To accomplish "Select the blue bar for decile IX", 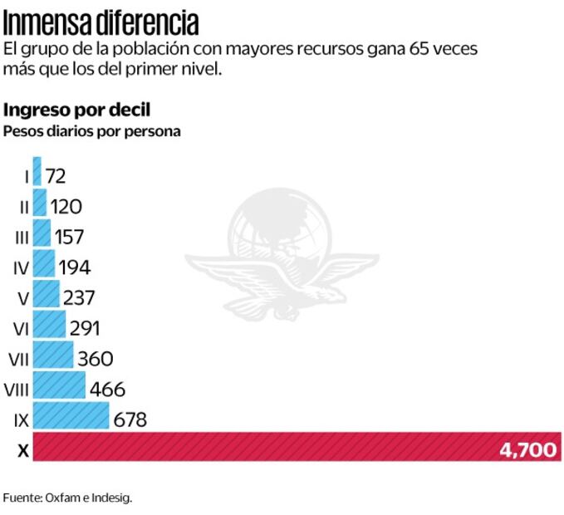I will (x=71, y=416).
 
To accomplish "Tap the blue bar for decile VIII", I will (x=59, y=386).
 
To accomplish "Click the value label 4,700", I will (x=527, y=449).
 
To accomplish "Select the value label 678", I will (x=130, y=419).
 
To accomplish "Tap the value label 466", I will (x=106, y=389).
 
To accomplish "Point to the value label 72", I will (x=56, y=176).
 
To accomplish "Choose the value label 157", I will (x=70, y=237).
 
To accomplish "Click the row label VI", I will (x=22, y=328).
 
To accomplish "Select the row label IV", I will (x=22, y=267).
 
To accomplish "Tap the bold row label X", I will (x=22, y=450).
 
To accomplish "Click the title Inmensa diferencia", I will (x=101, y=18).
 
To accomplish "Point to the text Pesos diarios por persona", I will (x=92, y=130).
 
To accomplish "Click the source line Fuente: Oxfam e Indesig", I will (x=68, y=498).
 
